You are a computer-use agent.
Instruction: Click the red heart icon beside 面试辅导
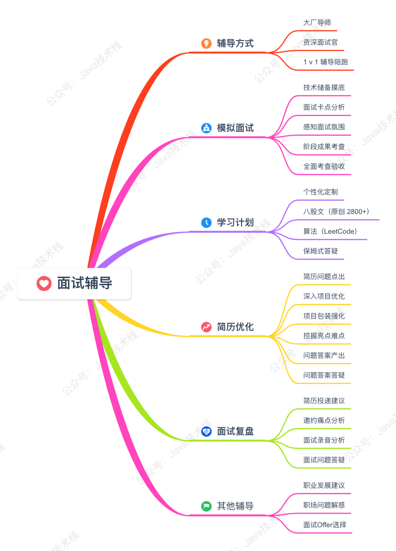(x=44, y=283)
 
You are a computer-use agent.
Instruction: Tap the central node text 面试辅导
(x=85, y=283)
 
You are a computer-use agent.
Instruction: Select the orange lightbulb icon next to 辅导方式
(x=206, y=43)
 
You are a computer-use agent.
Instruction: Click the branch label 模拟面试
(x=235, y=128)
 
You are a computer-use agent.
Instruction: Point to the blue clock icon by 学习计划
(x=206, y=222)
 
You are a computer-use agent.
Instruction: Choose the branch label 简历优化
(x=235, y=327)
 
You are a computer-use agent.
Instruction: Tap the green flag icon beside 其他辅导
(x=206, y=506)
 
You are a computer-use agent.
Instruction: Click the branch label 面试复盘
(x=235, y=431)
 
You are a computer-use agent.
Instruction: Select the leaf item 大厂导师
(x=317, y=23)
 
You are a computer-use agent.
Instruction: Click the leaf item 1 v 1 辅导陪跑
(x=326, y=62)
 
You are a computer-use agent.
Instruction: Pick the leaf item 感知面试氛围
(x=324, y=127)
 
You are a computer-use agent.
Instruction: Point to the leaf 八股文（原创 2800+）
(x=336, y=212)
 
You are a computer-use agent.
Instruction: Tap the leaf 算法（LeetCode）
(x=330, y=231)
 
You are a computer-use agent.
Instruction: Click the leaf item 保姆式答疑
(x=320, y=251)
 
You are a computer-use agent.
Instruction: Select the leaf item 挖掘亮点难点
(x=324, y=336)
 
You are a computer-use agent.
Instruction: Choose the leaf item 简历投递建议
(x=324, y=401)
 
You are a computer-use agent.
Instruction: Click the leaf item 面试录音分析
(x=324, y=440)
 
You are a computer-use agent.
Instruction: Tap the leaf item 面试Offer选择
(x=324, y=525)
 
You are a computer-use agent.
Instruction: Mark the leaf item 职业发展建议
(x=324, y=485)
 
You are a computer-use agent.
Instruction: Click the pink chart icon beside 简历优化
(x=206, y=327)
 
